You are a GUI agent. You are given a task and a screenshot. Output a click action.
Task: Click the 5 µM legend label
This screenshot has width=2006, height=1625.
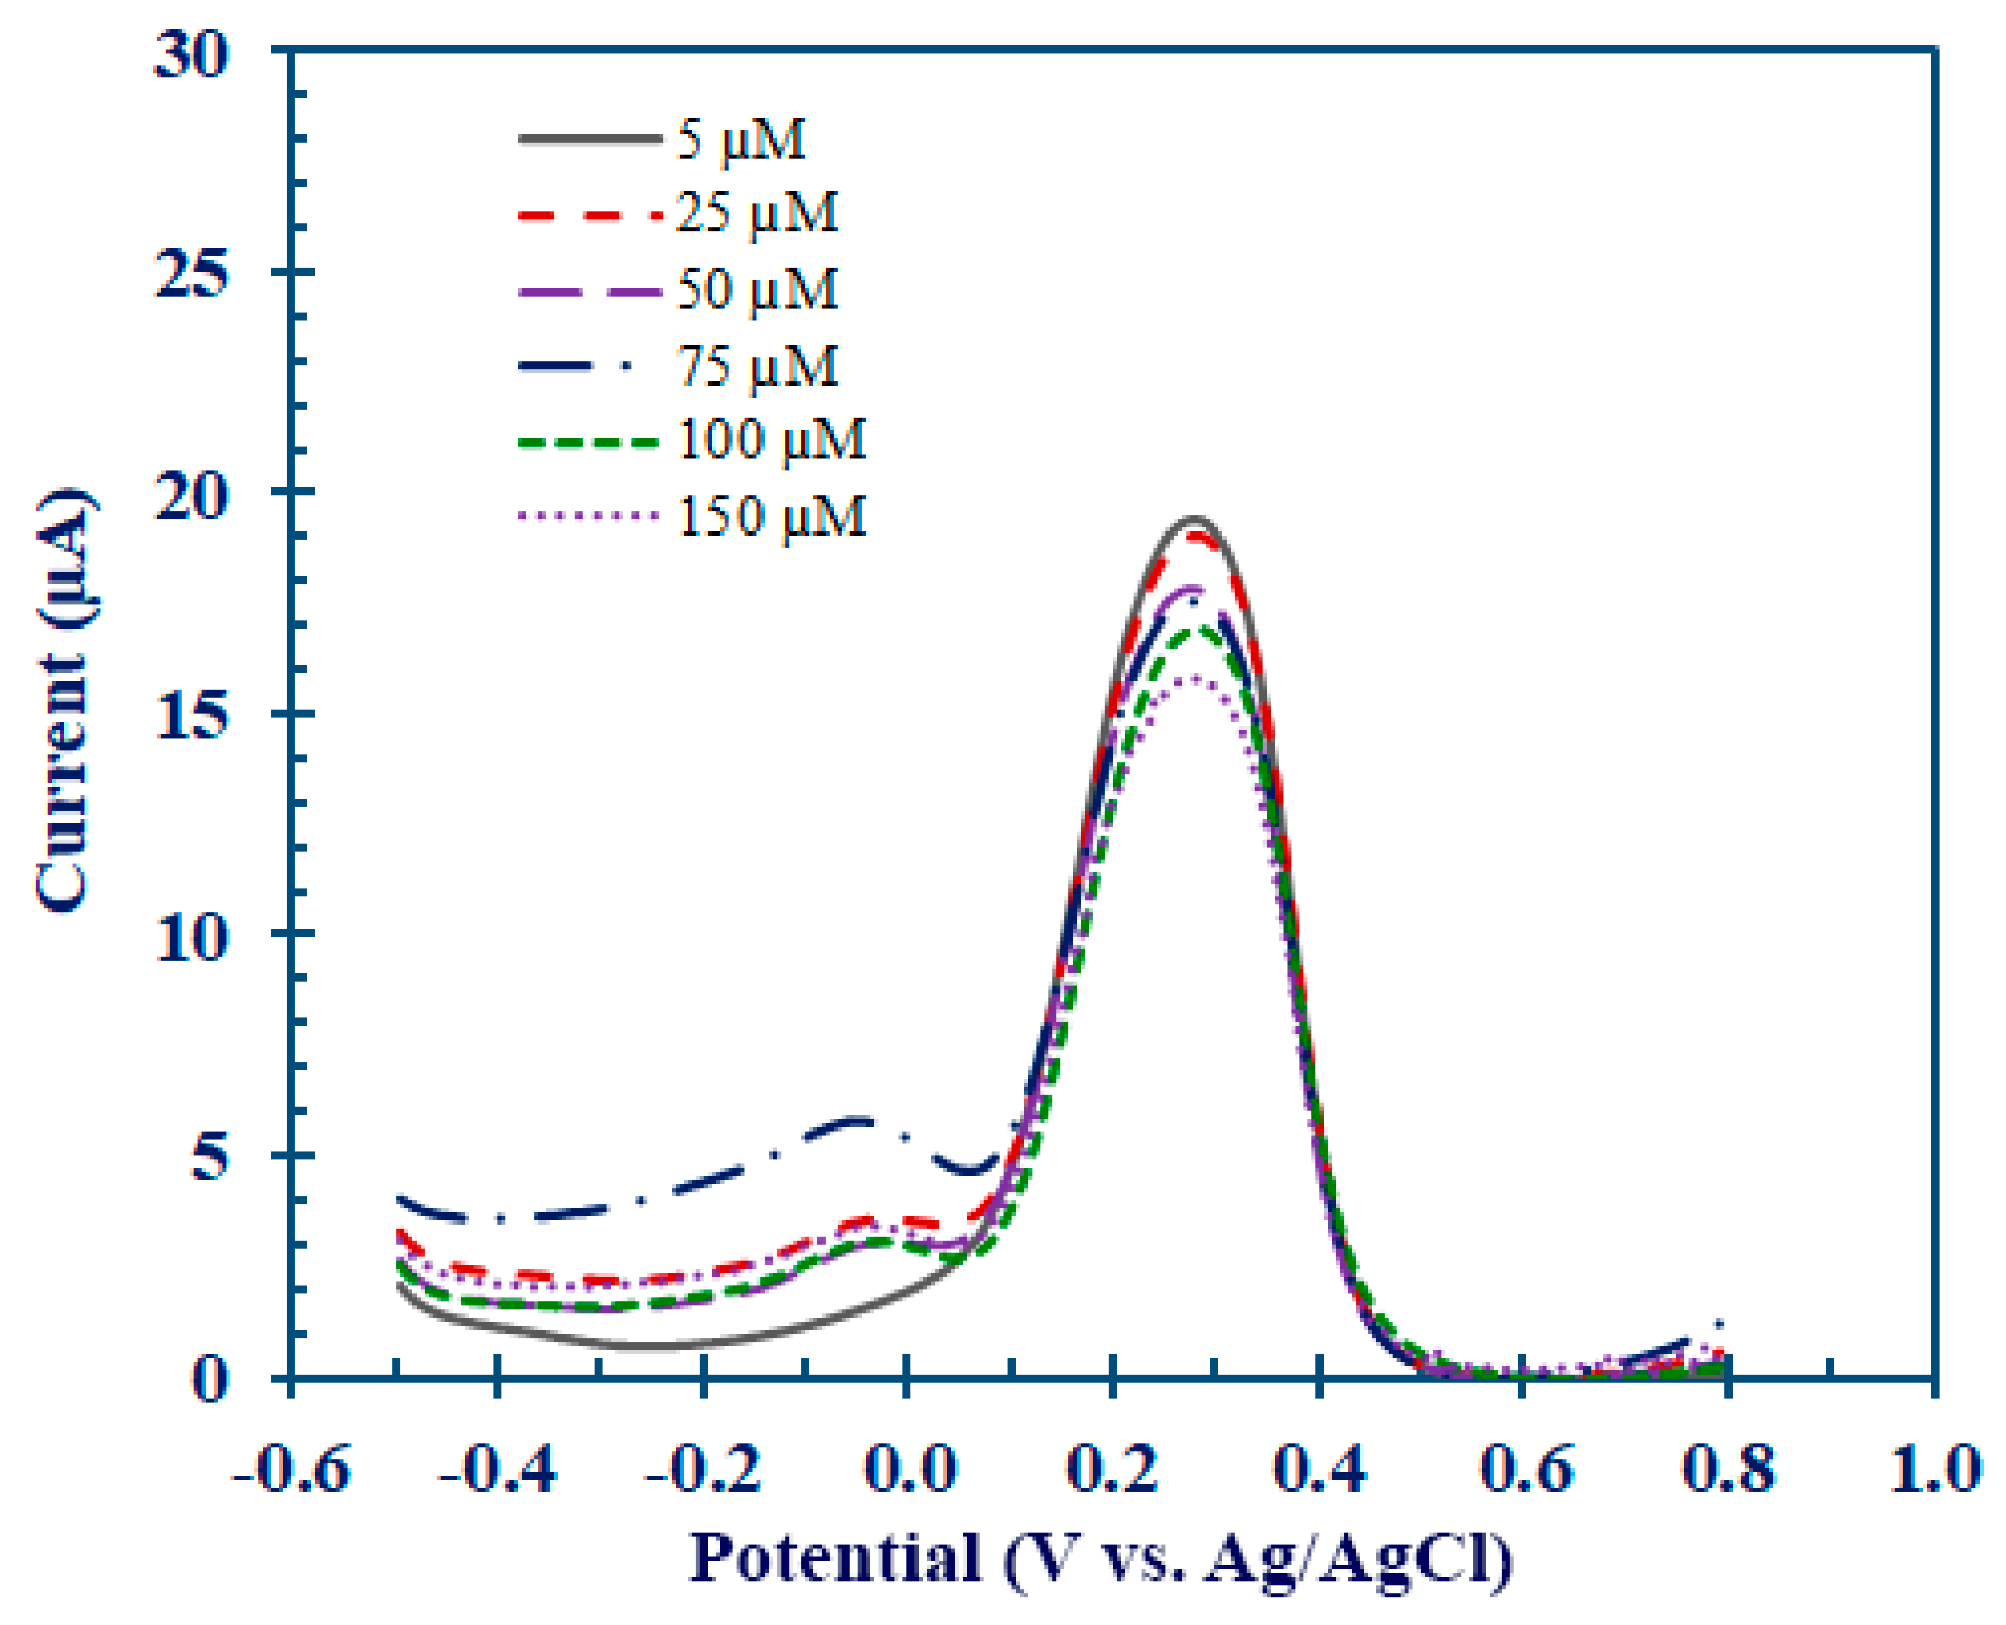740,141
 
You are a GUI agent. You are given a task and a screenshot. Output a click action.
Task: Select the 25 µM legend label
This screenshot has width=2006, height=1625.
756,213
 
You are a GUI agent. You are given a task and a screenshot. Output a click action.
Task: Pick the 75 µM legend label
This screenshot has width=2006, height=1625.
756,366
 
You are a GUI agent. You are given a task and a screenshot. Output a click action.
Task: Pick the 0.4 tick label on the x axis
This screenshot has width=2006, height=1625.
1319,1468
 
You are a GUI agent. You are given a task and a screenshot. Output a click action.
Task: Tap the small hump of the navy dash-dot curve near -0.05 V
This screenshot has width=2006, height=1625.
856,1119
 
